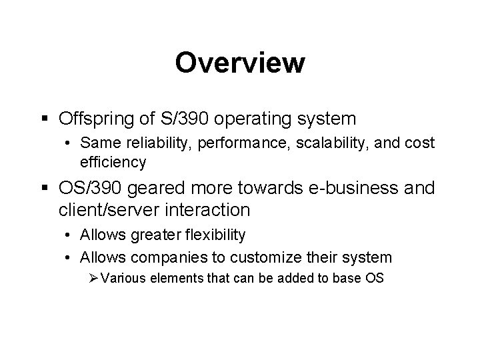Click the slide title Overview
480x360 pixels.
click(x=240, y=63)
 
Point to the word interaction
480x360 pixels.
click(x=213, y=210)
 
